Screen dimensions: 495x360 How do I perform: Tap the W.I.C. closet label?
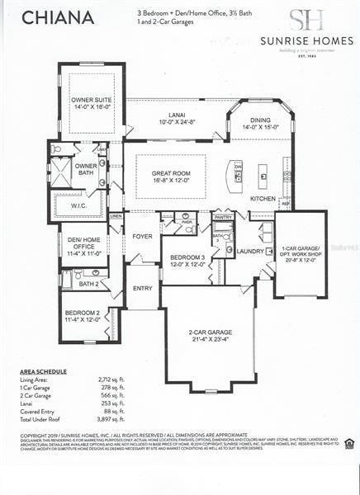point(80,205)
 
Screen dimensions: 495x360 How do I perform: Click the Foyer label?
point(142,236)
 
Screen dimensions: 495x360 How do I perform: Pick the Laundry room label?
point(250,251)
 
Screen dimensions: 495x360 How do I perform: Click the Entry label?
point(142,289)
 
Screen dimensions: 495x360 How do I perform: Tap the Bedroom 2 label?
point(83,316)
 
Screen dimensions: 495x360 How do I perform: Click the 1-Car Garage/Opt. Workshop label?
point(301,253)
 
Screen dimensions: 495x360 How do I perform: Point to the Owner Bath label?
point(86,169)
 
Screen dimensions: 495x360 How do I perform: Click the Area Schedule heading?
point(43,372)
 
